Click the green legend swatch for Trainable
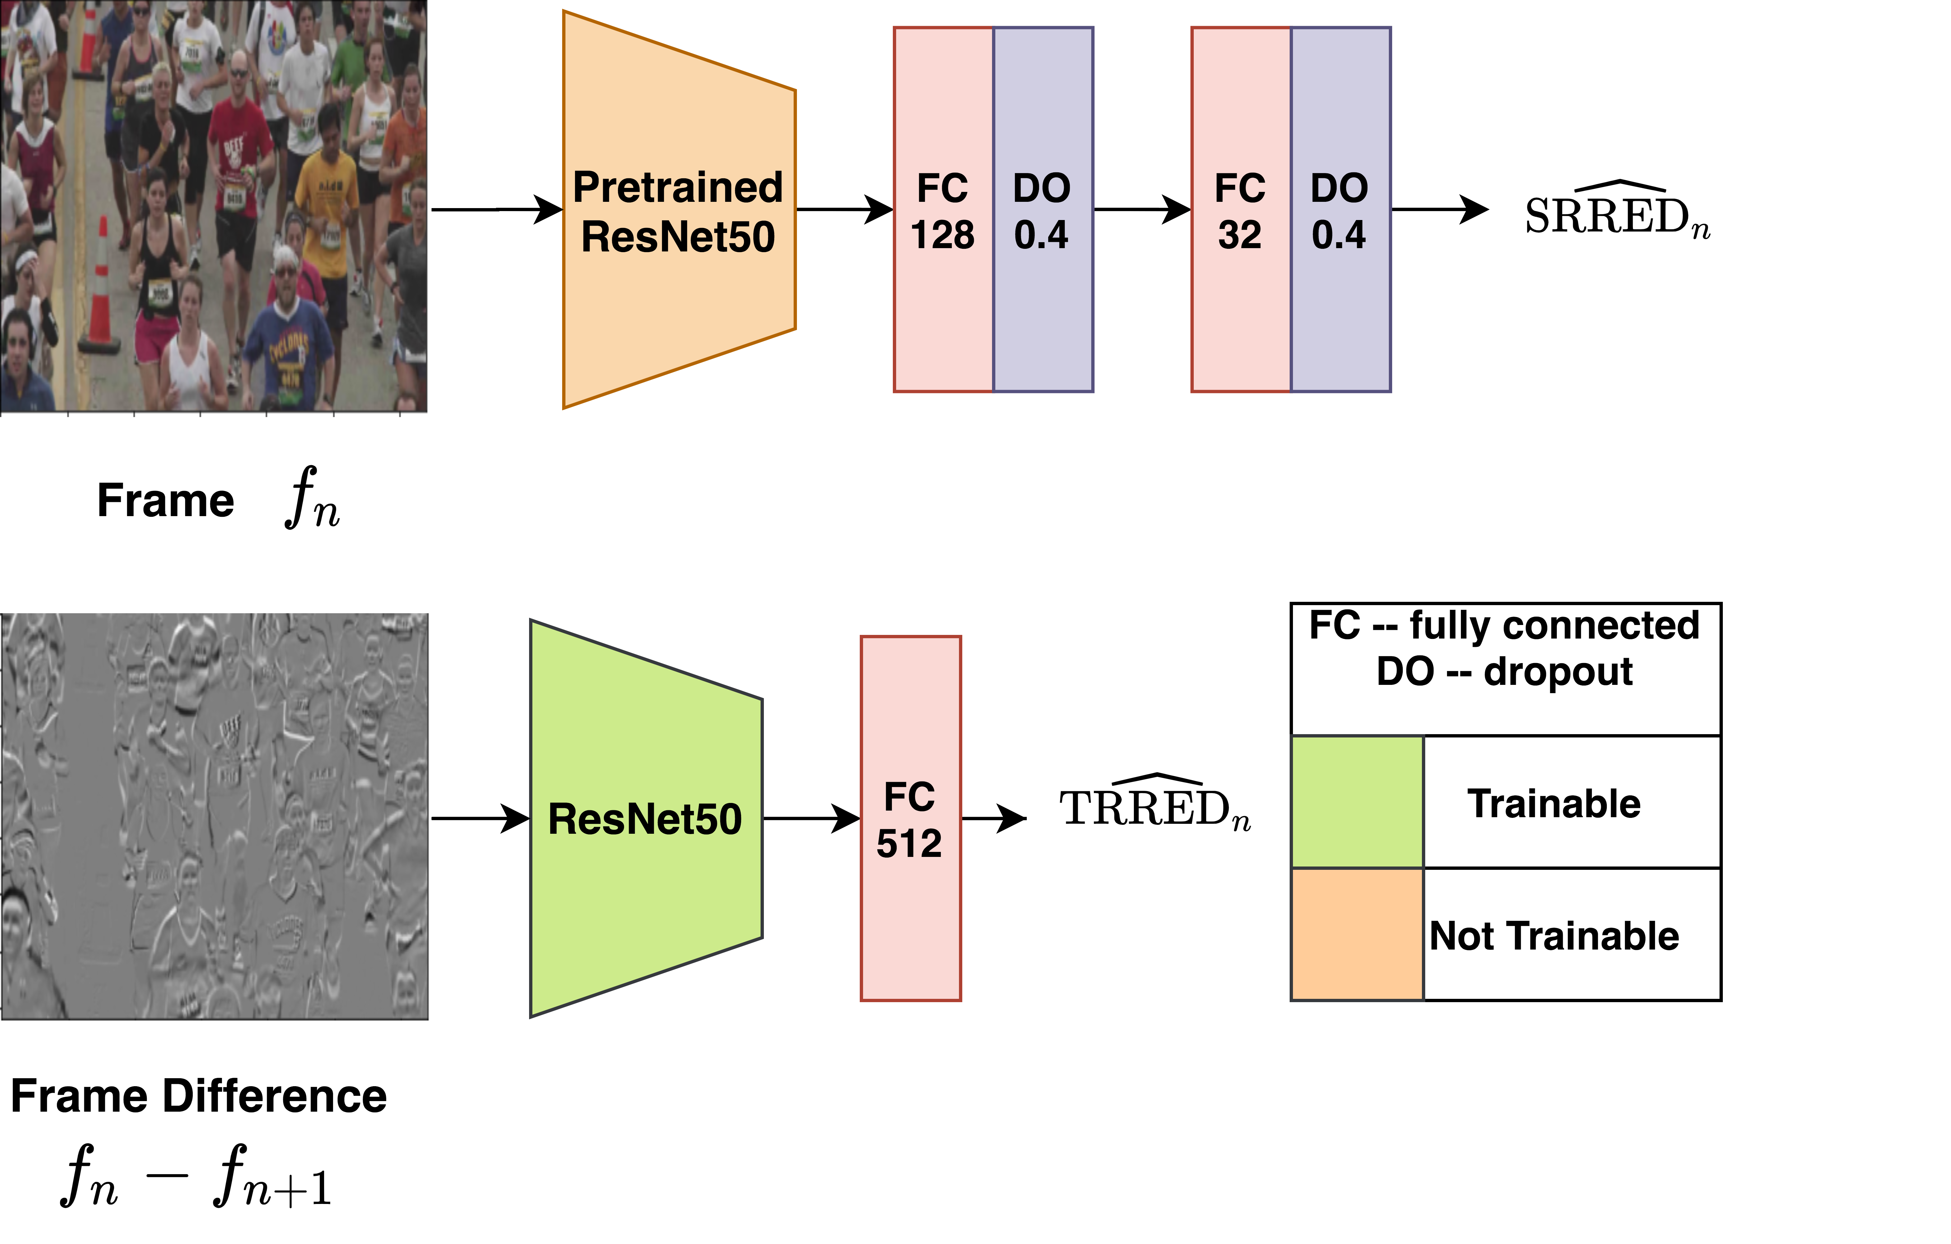click(1357, 802)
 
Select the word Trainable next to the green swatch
click(1554, 804)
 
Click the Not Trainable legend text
click(1554, 936)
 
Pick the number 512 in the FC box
click(909, 844)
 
